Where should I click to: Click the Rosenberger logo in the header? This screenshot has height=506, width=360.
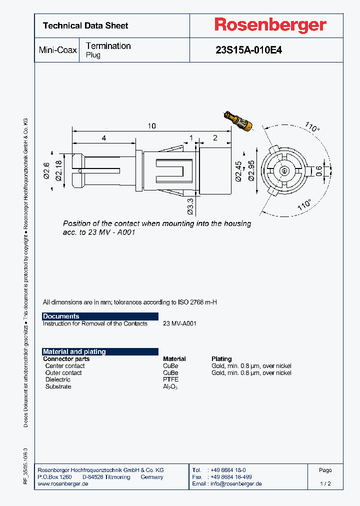point(270,25)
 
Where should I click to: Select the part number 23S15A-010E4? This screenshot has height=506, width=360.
point(248,50)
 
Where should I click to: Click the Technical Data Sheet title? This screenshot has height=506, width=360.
point(85,25)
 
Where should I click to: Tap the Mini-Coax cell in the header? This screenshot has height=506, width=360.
point(57,50)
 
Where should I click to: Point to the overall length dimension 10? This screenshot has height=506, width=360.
point(151,126)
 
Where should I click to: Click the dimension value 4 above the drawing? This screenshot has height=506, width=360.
point(103,137)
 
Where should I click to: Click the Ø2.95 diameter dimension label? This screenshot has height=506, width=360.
point(251,170)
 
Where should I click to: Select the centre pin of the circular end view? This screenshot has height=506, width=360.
point(284,170)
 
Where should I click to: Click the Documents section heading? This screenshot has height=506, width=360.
point(61,316)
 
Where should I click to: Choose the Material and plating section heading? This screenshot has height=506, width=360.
point(74,351)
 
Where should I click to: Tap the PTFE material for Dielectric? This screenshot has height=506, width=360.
point(170,379)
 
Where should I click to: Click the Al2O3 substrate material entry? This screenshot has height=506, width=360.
point(170,386)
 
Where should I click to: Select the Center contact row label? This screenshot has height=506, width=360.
point(65,366)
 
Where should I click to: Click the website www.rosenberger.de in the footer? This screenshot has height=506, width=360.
point(63,484)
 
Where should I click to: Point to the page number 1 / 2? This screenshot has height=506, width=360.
point(325,484)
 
